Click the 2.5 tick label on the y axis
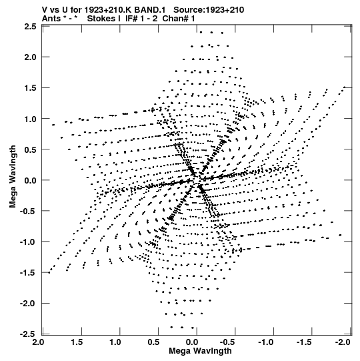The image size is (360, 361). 31,27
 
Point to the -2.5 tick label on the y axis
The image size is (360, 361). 28,334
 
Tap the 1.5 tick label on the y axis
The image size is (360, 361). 31,88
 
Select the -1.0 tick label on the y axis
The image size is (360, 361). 28,242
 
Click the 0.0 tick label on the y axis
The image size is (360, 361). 31,180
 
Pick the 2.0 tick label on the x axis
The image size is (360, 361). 38,342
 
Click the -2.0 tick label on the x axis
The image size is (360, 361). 343,342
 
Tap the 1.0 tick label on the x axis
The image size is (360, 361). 115,342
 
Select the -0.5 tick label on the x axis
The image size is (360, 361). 227,342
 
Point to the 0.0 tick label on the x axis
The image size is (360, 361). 192,342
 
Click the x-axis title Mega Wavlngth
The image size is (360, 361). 200,351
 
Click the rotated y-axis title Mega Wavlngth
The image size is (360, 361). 13,177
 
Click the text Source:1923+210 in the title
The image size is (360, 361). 209,10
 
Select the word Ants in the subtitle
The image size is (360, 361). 52,19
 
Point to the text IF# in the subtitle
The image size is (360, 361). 131,19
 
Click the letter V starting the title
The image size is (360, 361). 45,10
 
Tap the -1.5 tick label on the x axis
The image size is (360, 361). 304,342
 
